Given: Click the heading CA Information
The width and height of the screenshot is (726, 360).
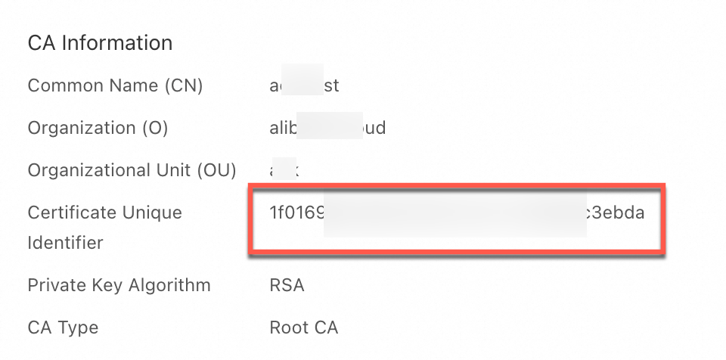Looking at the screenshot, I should coord(100,43).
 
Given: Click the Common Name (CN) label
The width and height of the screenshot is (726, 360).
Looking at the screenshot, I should coord(115,85).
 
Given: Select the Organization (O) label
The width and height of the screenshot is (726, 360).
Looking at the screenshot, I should coord(98,128).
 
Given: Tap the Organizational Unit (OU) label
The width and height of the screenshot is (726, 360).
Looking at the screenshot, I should coord(132,170).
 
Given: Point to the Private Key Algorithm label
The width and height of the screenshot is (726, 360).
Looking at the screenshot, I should coord(119,285).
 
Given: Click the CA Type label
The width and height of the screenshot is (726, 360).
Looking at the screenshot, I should coord(63,327).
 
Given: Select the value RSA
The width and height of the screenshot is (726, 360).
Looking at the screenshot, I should coord(287,285).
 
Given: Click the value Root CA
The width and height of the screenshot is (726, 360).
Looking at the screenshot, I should coord(303,327).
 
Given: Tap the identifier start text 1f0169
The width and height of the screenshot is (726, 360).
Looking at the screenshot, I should coord(296,213).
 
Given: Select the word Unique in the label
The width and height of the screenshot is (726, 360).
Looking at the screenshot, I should coord(152,213).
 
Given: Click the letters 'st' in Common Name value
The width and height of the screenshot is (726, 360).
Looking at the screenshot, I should coord(331,85).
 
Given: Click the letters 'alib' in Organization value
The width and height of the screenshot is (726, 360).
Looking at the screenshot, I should coord(282,128).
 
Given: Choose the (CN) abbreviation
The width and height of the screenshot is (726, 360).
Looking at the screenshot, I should coord(182,85).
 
